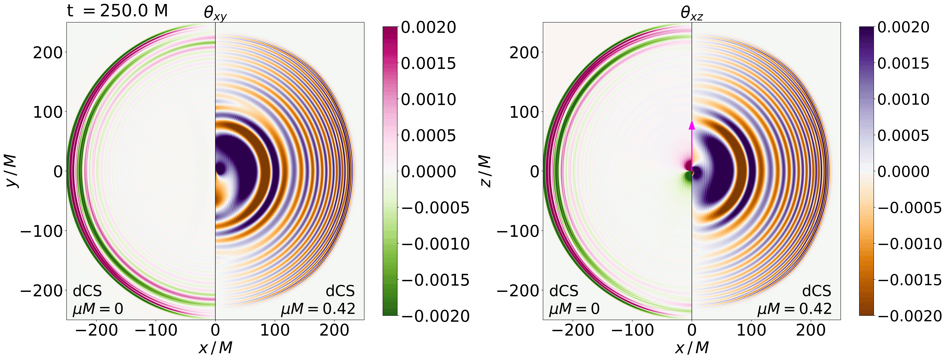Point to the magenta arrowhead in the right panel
692,125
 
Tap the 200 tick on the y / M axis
48,53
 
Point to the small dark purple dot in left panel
220,169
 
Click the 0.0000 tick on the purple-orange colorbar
903,172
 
